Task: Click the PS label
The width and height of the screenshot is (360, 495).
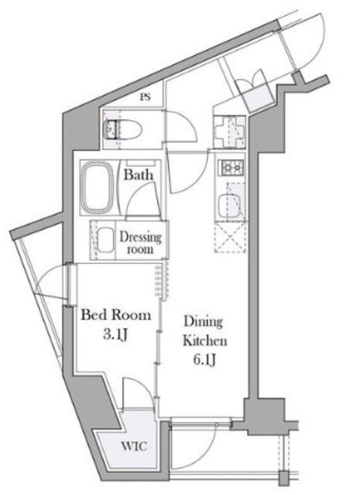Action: (145, 97)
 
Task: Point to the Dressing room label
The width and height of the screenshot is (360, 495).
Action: (140, 243)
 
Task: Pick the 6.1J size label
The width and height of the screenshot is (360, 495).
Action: (204, 360)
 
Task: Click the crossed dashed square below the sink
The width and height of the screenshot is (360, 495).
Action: (231, 237)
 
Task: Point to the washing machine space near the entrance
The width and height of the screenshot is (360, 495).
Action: (229, 131)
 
